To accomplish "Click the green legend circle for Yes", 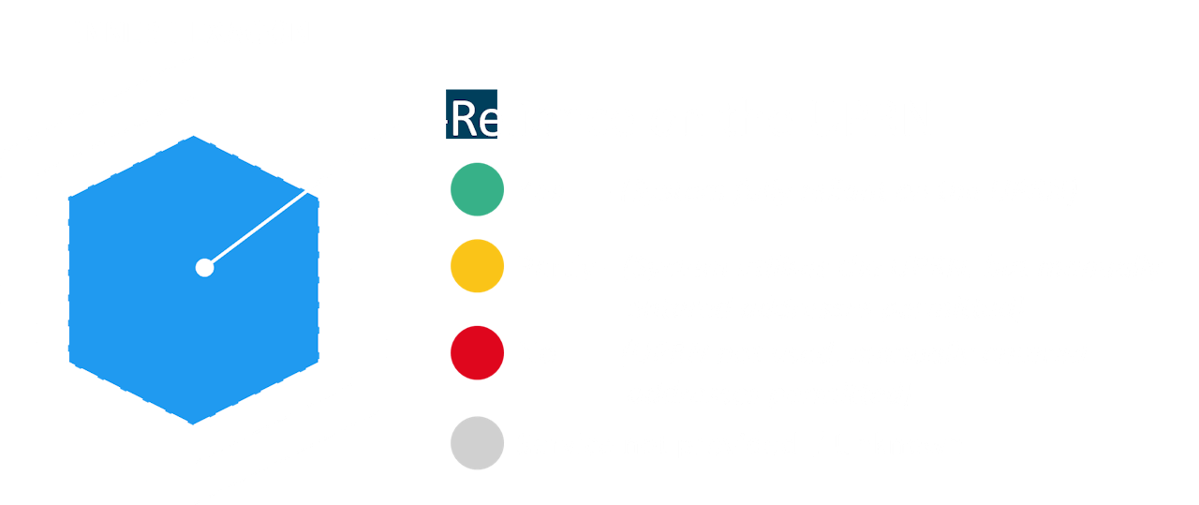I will point(478,190).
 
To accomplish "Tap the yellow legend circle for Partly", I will point(478,267).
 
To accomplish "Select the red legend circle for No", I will point(478,353).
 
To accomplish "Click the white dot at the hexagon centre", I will point(204,268).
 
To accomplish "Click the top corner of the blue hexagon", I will point(194,136).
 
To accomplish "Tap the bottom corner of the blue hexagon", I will point(194,423).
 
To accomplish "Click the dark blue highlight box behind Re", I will point(471,113).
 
